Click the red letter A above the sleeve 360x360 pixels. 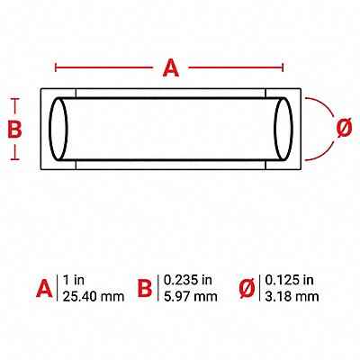click(x=171, y=67)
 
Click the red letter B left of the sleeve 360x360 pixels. click(x=14, y=130)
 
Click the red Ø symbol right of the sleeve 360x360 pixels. click(x=344, y=128)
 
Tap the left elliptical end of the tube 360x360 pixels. click(x=58, y=129)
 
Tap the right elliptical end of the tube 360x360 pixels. click(x=283, y=129)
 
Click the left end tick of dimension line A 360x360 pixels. click(x=56, y=67)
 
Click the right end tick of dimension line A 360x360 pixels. click(x=283, y=67)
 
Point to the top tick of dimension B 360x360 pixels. click(x=15, y=99)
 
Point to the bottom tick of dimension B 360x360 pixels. click(x=15, y=159)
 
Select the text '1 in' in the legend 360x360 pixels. click(x=74, y=280)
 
